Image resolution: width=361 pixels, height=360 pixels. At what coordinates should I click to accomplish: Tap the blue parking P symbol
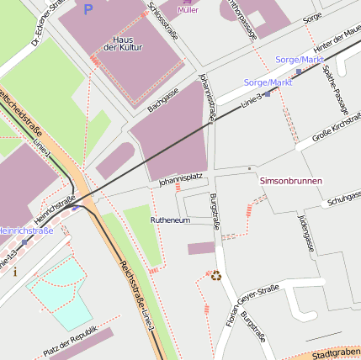[88, 9]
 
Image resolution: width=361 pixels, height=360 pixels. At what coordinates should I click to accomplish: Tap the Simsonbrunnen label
[289, 181]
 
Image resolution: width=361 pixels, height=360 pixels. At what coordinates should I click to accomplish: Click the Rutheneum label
[170, 220]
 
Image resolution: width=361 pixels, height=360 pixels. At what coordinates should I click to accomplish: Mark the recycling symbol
[216, 274]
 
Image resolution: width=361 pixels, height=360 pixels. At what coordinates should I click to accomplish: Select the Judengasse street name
[307, 233]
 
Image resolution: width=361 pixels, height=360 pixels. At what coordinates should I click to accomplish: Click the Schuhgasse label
[344, 199]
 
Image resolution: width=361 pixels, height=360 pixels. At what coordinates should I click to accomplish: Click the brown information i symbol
[14, 272]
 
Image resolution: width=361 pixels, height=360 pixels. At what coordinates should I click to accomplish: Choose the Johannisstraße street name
[207, 97]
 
